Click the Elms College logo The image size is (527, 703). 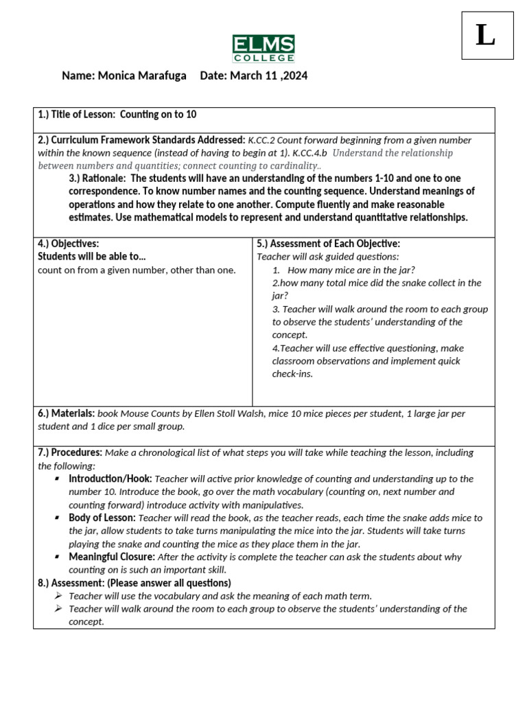coord(263,48)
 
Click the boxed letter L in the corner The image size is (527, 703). coord(487,36)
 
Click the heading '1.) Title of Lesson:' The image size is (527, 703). coord(78,115)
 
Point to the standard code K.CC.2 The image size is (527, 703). coord(263,140)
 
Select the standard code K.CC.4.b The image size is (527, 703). coord(310,153)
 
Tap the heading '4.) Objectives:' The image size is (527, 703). coord(69,244)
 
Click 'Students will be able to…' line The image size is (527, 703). coord(92,257)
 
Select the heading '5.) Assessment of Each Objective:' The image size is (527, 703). coord(328,244)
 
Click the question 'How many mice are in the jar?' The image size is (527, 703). coord(351,270)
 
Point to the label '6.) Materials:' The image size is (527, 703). coord(66,413)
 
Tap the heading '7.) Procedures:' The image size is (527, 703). coord(70,452)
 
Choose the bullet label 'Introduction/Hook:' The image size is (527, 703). coord(110,479)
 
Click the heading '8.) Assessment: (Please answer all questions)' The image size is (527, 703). coord(134,583)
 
